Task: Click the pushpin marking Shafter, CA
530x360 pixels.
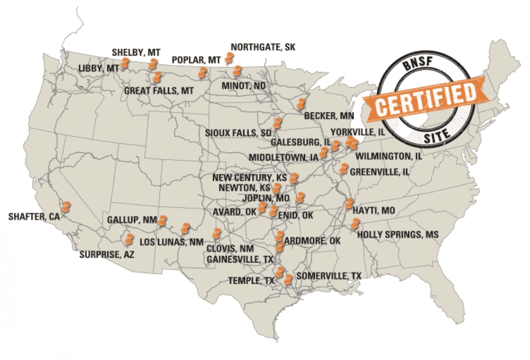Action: tap(66, 207)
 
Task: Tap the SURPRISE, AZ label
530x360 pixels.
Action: tap(107, 254)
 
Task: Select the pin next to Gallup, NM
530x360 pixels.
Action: tap(162, 220)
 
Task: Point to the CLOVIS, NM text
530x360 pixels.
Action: tap(230, 249)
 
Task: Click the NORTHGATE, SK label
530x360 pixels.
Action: tap(263, 47)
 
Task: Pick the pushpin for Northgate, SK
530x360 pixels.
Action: tap(229, 58)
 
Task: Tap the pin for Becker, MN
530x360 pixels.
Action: tap(301, 103)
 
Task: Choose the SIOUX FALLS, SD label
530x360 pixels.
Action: tap(238, 133)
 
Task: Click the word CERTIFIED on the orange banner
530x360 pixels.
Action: tap(425, 99)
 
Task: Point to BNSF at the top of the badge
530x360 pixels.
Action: tap(417, 65)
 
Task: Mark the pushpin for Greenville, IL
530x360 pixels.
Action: tap(343, 169)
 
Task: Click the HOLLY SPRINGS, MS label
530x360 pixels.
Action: tap(398, 235)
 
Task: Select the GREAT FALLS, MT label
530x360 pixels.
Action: tap(159, 91)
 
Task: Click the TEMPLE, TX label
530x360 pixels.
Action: tap(251, 281)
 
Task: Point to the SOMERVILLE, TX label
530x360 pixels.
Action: tap(328, 276)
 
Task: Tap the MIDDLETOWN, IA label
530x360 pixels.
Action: tap(283, 158)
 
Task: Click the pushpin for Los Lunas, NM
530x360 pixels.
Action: tap(185, 228)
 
